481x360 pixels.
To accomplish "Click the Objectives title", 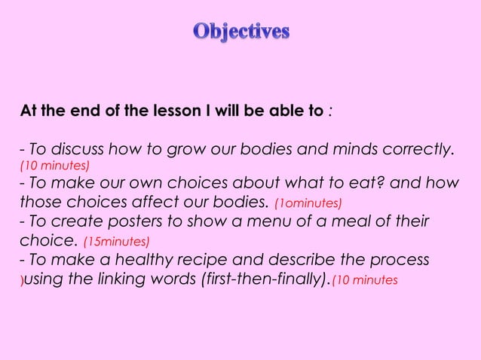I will pos(240,32).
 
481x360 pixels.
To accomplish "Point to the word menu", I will pos(263,222).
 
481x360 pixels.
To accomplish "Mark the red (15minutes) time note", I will pos(117,242).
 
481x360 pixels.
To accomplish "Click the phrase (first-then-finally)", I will pos(265,280).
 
